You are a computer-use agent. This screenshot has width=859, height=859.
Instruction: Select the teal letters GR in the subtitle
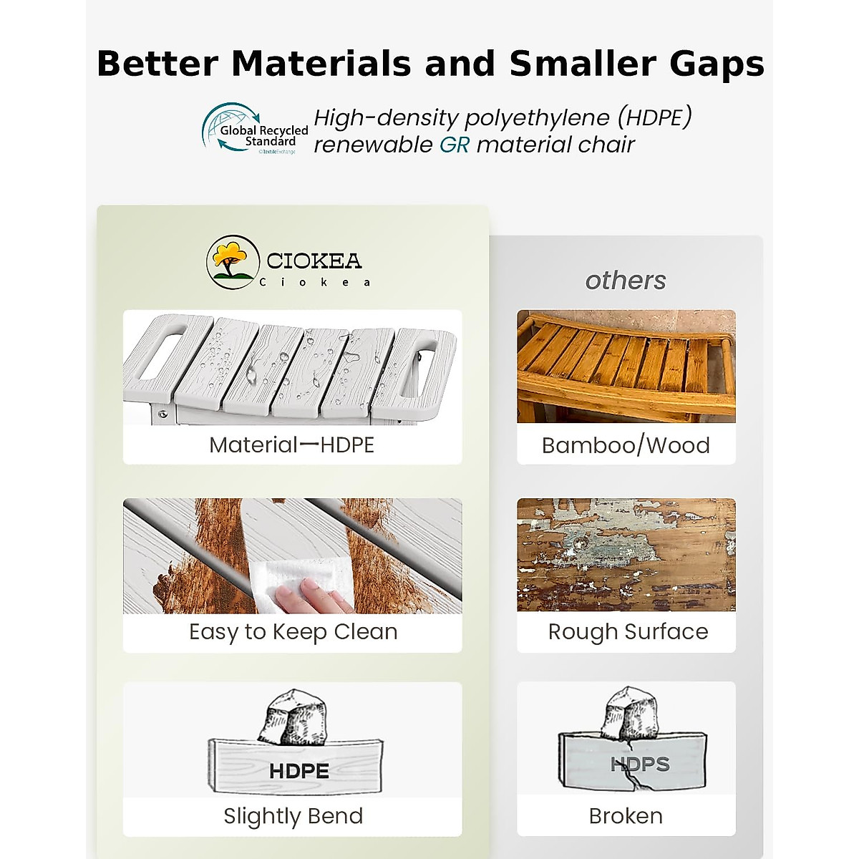[455, 145]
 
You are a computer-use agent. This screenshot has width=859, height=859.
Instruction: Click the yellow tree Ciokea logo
[233, 262]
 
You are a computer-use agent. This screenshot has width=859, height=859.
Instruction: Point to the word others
[626, 281]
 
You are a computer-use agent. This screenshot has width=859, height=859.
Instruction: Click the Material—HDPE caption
[291, 445]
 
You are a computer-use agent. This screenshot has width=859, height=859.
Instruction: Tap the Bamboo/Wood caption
[626, 445]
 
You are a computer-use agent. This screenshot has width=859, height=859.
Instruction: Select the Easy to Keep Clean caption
[293, 631]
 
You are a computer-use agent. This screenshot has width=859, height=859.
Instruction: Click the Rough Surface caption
[628, 631]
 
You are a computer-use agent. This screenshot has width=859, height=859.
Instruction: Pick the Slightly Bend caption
[293, 816]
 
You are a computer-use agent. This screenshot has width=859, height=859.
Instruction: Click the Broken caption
[626, 816]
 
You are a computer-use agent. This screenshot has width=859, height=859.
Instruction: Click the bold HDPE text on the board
[299, 771]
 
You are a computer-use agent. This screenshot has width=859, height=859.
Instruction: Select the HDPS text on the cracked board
[640, 764]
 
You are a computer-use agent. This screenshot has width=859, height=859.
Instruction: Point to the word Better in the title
[157, 64]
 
